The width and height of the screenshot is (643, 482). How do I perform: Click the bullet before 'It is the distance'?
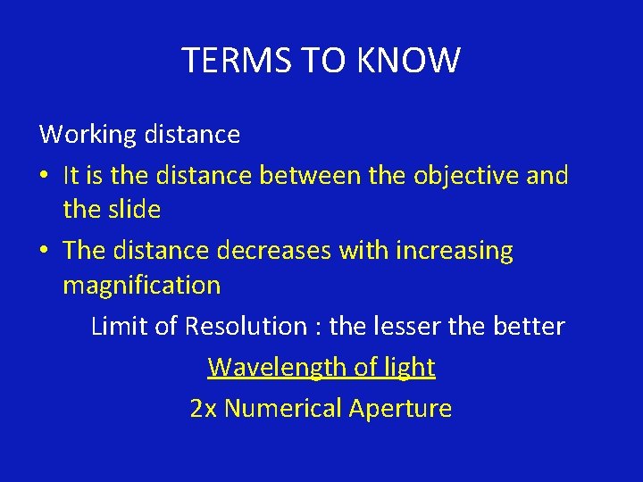(44, 176)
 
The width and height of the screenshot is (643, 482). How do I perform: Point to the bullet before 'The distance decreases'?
(44, 251)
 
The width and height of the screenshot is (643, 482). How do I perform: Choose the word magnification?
(141, 286)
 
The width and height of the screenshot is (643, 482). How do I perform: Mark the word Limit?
(118, 326)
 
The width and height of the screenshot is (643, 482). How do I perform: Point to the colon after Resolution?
(318, 328)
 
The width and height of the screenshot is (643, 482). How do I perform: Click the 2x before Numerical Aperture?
(203, 409)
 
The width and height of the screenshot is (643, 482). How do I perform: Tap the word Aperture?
(400, 409)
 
